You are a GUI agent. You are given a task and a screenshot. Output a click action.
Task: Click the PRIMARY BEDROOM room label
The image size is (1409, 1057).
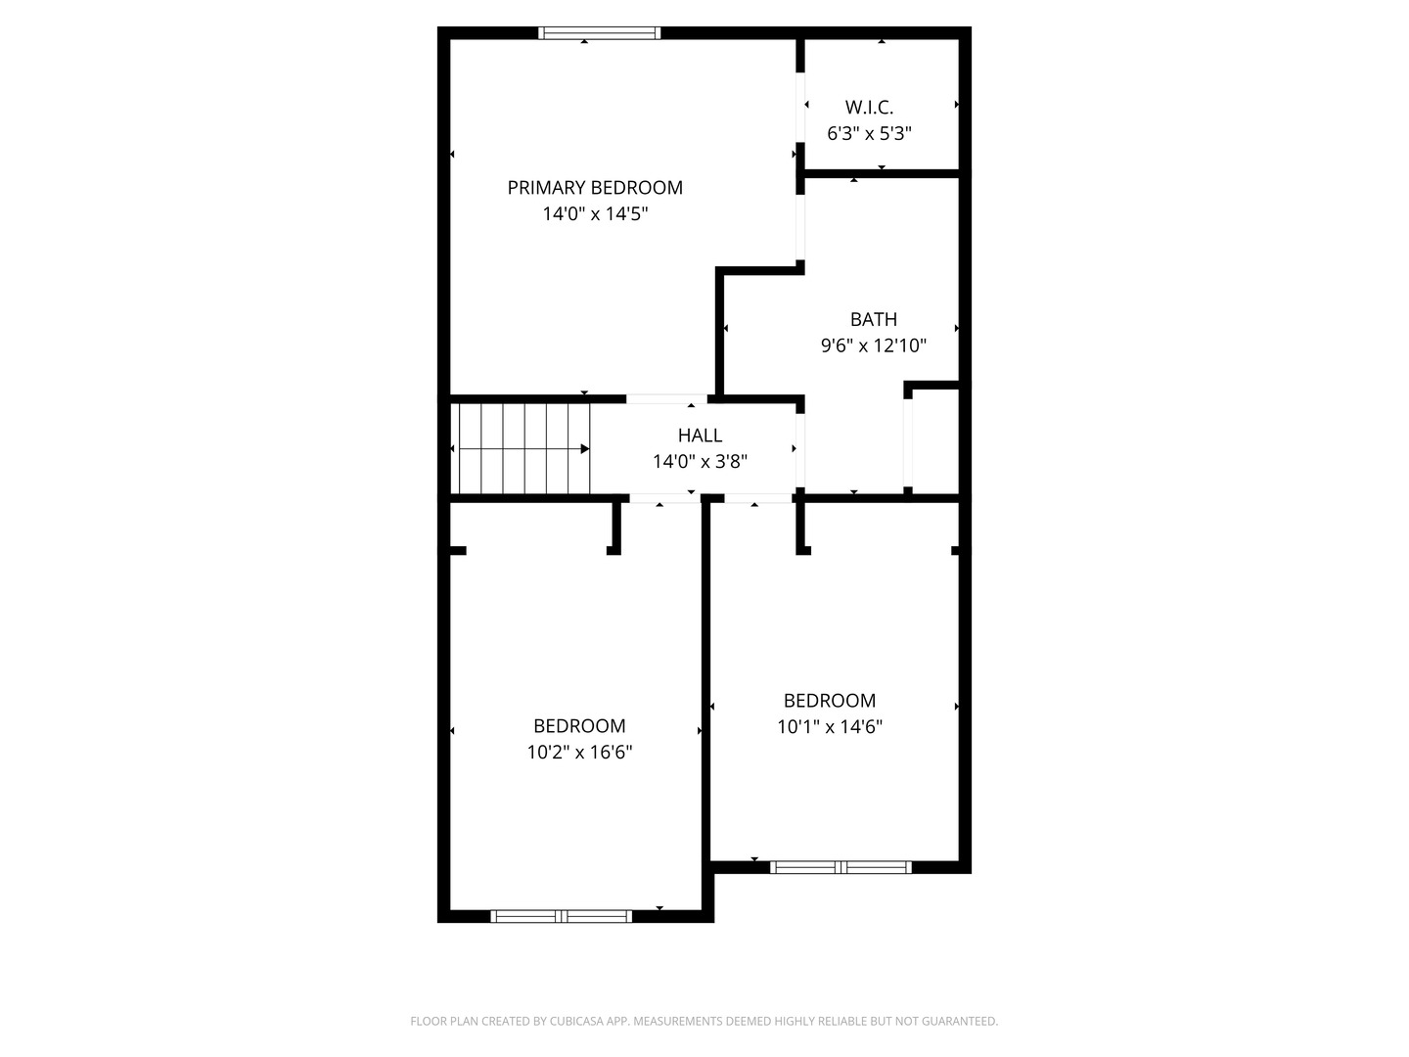pyautogui.click(x=594, y=187)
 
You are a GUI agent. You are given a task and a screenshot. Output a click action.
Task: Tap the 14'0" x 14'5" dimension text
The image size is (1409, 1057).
pyautogui.click(x=595, y=213)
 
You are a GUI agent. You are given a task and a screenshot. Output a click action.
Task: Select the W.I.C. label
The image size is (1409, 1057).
pyautogui.click(x=869, y=108)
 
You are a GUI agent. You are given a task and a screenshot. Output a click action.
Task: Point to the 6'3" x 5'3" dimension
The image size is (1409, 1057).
pyautogui.click(x=869, y=133)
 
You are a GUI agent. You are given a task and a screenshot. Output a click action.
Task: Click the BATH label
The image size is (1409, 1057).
pyautogui.click(x=873, y=319)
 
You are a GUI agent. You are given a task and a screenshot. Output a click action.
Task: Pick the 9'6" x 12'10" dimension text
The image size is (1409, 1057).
pyautogui.click(x=873, y=345)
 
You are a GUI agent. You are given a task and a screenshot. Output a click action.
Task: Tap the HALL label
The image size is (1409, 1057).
pyautogui.click(x=700, y=436)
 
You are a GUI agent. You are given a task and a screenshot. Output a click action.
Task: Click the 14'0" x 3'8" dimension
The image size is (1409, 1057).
pyautogui.click(x=700, y=461)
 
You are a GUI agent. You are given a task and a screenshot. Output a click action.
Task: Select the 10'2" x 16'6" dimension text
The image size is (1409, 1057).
pyautogui.click(x=579, y=752)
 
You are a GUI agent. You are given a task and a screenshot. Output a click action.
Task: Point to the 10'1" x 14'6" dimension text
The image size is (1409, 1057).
pyautogui.click(x=830, y=726)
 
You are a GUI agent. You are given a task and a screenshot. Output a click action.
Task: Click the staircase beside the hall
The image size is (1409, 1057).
pyautogui.click(x=520, y=448)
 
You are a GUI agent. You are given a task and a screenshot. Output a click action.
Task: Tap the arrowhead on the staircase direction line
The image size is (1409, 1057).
pyautogui.click(x=585, y=448)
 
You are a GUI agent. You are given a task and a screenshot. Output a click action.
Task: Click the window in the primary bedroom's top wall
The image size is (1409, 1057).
pyautogui.click(x=599, y=32)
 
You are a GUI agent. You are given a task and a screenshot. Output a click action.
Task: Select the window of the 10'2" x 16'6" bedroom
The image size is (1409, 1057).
pyautogui.click(x=561, y=916)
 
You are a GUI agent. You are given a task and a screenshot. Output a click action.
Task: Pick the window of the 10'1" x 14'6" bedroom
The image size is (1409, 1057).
pyautogui.click(x=841, y=867)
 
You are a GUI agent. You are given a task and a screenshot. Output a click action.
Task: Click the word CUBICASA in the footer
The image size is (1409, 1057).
pyautogui.click(x=575, y=1021)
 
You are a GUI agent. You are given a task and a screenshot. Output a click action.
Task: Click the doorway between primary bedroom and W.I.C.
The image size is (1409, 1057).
pyautogui.click(x=800, y=108)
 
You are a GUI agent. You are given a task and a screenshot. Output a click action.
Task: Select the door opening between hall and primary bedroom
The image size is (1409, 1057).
pyautogui.click(x=666, y=399)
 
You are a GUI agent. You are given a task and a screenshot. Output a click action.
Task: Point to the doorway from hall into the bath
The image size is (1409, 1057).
pyautogui.click(x=800, y=450)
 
